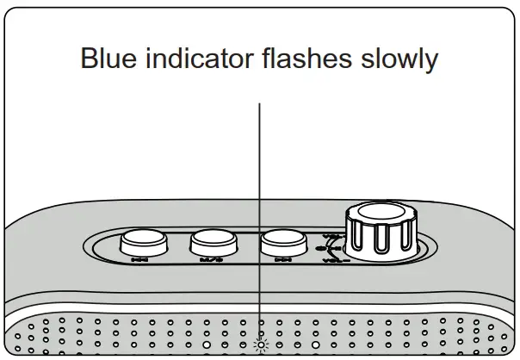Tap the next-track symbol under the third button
280,258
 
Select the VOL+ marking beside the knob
331,236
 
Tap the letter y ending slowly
431,63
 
